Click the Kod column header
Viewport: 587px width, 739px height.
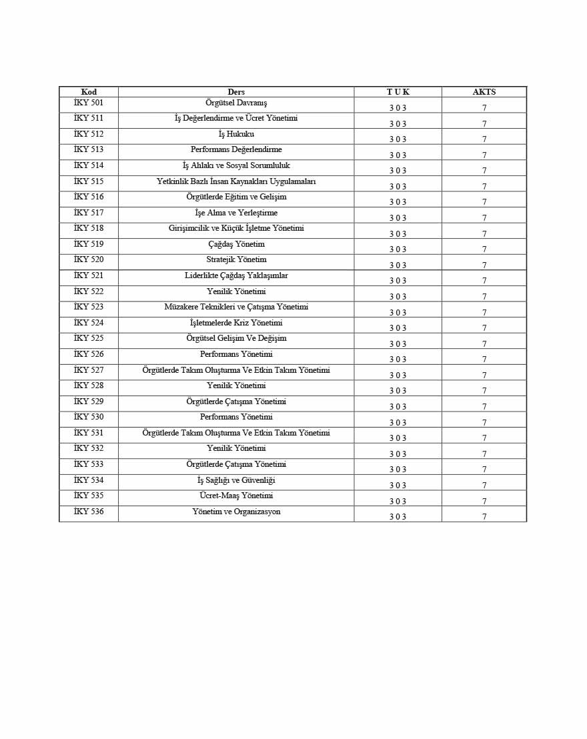(x=89, y=92)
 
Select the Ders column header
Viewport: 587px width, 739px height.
(x=236, y=92)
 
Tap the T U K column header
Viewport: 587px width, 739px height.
(x=398, y=92)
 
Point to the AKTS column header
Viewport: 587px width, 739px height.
(x=484, y=92)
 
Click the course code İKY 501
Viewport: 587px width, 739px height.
(x=89, y=103)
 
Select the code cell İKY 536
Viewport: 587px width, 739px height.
(x=89, y=512)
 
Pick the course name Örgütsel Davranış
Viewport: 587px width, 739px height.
(x=236, y=103)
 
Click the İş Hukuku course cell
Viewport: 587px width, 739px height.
(x=236, y=134)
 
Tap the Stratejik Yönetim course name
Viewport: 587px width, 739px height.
(x=236, y=259)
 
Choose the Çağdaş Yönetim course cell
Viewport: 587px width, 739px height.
(x=236, y=244)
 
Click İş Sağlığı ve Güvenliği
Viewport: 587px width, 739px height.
(x=236, y=480)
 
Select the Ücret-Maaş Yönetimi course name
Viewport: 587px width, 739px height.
(x=236, y=496)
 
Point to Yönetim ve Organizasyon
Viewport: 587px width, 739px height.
(x=236, y=512)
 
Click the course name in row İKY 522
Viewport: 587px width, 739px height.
(x=236, y=291)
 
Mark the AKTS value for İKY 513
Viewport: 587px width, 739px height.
(x=484, y=155)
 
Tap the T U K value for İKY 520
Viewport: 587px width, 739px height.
(x=398, y=265)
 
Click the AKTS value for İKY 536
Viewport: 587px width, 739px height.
(x=484, y=517)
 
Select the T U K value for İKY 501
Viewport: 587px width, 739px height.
(x=398, y=108)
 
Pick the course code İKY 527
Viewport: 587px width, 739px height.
(x=89, y=370)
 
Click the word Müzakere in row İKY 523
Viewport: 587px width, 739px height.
(x=182, y=307)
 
